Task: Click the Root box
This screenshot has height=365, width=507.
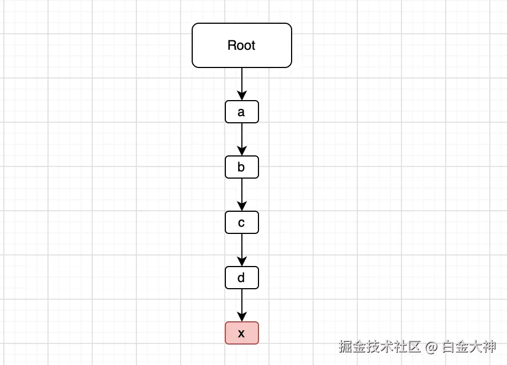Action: pyautogui.click(x=242, y=45)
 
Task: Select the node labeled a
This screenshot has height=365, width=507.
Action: pyautogui.click(x=242, y=112)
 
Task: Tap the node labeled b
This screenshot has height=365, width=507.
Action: pyautogui.click(x=242, y=167)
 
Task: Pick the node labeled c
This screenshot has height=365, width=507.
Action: pyautogui.click(x=242, y=222)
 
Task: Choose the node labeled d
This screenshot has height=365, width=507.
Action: pyautogui.click(x=242, y=278)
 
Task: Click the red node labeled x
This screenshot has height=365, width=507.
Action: pyautogui.click(x=242, y=333)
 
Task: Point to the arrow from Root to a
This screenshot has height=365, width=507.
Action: pyautogui.click(x=242, y=84)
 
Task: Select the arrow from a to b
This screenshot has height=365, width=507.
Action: pyautogui.click(x=242, y=139)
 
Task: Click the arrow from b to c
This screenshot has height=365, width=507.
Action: pyautogui.click(x=242, y=195)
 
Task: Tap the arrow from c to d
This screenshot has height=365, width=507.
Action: pyautogui.click(x=242, y=250)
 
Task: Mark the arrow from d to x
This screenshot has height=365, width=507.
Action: pyautogui.click(x=242, y=305)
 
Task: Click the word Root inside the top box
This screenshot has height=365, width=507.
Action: pyautogui.click(x=241, y=45)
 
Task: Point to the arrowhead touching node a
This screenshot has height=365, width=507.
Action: pyautogui.click(x=242, y=96)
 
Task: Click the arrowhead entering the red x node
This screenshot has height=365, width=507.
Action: pyautogui.click(x=242, y=317)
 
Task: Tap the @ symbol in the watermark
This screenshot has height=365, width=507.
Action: pyautogui.click(x=432, y=347)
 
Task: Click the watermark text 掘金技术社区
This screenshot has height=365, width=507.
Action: pyautogui.click(x=380, y=347)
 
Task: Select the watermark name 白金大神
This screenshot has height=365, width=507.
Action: pyautogui.click(x=469, y=347)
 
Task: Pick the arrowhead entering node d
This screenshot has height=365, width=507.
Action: pyautogui.click(x=242, y=262)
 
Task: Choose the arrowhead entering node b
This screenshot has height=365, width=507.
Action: pyautogui.click(x=242, y=151)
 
